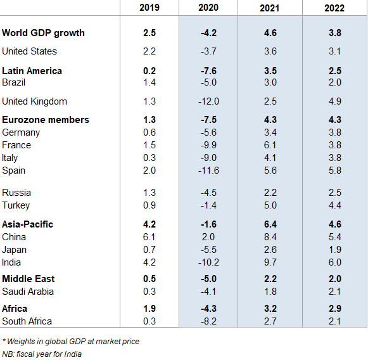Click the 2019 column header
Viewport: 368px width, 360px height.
tap(149, 8)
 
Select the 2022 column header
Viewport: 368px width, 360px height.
tap(334, 8)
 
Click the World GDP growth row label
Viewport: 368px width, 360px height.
tap(44, 33)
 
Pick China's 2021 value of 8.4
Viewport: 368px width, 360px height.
tap(270, 237)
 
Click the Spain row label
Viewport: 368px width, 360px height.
tap(14, 170)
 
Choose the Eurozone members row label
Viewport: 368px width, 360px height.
tap(46, 120)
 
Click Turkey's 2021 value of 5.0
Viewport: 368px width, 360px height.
tap(270, 205)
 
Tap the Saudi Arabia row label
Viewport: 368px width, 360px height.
tap(28, 292)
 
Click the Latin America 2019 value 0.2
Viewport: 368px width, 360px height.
tap(149, 71)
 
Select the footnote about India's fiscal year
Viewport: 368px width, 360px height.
tap(42, 354)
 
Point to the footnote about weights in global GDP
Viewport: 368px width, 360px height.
tap(70, 342)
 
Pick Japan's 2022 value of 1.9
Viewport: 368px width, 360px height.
tap(334, 250)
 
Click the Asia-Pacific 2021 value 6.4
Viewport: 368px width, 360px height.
tap(270, 224)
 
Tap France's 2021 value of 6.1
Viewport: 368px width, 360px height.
tap(270, 145)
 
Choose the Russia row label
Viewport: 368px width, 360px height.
tap(16, 193)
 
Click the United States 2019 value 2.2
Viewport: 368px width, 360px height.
tap(149, 51)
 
